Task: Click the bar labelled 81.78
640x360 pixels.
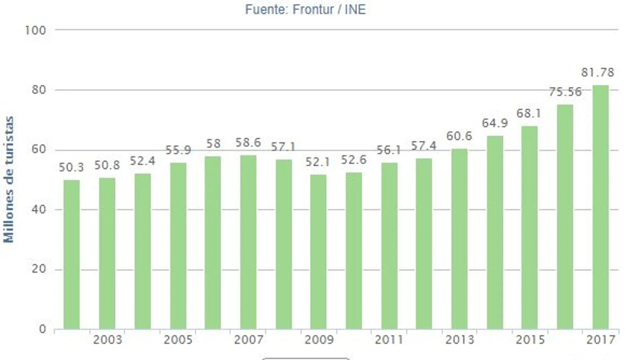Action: click(x=601, y=207)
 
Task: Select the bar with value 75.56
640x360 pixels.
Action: click(x=565, y=217)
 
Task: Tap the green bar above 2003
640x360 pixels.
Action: click(x=107, y=253)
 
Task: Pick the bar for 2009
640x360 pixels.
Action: click(x=318, y=252)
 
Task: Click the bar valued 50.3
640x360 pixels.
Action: click(x=72, y=254)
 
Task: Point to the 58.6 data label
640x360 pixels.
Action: click(x=248, y=143)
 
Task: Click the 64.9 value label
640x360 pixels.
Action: click(x=494, y=123)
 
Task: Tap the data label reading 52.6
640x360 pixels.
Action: click(x=354, y=160)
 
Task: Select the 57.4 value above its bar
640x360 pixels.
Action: click(x=424, y=146)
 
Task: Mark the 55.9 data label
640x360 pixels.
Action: click(x=178, y=150)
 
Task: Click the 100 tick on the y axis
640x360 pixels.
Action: click(x=35, y=31)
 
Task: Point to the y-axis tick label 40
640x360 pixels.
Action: click(x=39, y=209)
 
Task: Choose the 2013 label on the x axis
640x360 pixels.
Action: click(x=459, y=340)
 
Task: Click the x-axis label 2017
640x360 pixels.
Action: click(x=601, y=340)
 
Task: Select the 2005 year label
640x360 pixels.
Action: click(x=178, y=340)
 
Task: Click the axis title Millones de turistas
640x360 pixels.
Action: click(x=9, y=179)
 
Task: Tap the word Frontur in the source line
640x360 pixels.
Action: click(x=313, y=9)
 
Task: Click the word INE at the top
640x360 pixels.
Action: click(x=355, y=9)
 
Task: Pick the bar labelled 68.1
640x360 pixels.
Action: click(x=530, y=228)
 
